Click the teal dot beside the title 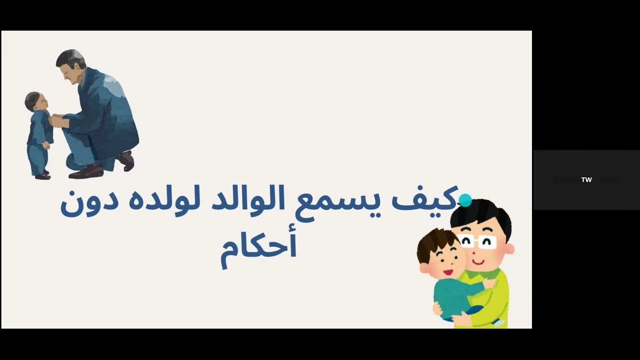(x=465, y=200)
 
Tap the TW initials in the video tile (x=586, y=180)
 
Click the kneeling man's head (x=70, y=62)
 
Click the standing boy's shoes (x=42, y=175)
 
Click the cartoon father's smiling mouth (x=478, y=261)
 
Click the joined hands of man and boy (x=56, y=120)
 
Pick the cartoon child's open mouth (x=447, y=272)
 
